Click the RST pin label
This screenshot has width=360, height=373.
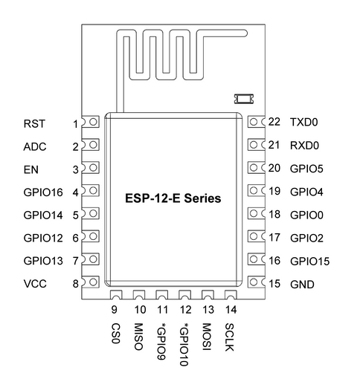pos(34,123)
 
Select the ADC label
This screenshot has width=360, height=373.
pos(35,146)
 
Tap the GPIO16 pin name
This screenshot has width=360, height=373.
pos(43,192)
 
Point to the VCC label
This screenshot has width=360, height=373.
pos(35,284)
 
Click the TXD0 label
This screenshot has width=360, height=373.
pos(304,122)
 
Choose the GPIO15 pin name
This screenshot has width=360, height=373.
pos(310,262)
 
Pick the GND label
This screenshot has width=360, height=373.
pos(302,285)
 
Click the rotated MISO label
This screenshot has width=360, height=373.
pos(138,337)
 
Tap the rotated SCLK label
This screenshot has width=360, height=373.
pos(229,337)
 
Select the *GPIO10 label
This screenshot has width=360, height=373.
pos(184,345)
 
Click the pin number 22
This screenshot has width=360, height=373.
pos(274,122)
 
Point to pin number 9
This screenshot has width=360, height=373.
pos(114,310)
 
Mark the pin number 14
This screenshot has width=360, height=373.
pos(231,310)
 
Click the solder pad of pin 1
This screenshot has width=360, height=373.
pos(91,122)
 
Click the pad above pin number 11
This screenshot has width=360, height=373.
pos(162,295)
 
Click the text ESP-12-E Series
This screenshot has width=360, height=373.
pos(173,198)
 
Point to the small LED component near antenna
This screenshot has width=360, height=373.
pos(244,99)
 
